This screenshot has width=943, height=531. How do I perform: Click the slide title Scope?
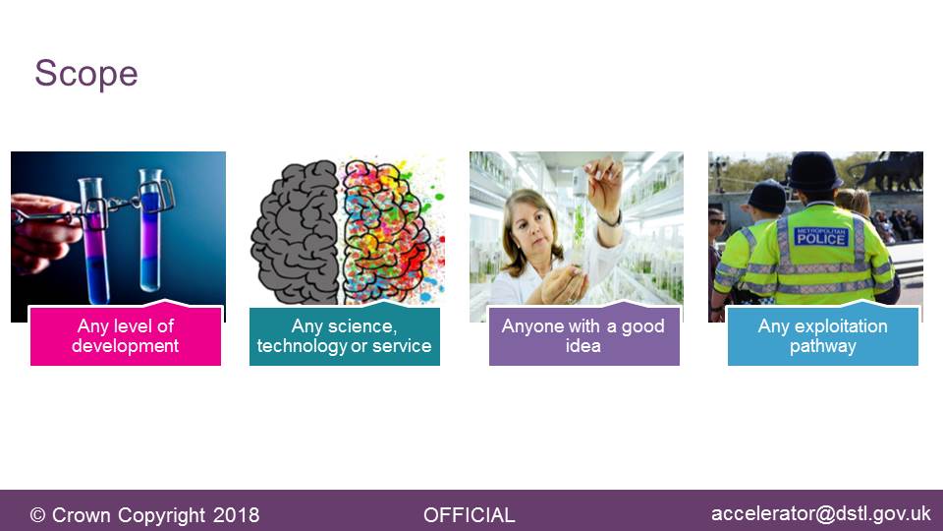pos(86,74)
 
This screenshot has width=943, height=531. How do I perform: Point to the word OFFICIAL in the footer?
pos(470,515)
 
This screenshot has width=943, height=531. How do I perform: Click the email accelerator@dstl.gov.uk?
pos(821,513)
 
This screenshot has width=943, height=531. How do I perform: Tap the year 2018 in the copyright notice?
pos(237,515)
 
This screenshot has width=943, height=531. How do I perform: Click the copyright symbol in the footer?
pos(37,515)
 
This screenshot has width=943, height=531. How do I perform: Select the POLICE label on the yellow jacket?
pos(821,238)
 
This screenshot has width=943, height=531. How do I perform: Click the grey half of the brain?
pos(296,232)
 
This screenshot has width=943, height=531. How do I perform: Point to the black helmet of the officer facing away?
pos(815,171)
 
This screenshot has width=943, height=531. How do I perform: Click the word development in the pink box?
pos(125,345)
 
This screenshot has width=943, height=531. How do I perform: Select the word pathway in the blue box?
pos(823,345)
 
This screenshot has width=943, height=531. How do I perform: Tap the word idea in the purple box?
pos(583,345)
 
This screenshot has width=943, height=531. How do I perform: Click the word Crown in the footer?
pos(82,515)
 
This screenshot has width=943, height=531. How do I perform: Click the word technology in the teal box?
pos(302,345)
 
